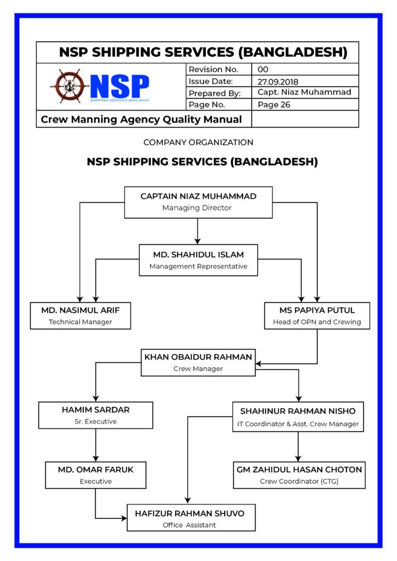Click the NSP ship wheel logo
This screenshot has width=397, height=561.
pyautogui.click(x=70, y=87)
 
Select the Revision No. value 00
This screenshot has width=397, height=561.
pyautogui.click(x=263, y=70)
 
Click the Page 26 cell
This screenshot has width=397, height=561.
pyautogui.click(x=274, y=105)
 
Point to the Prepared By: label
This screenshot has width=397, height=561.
pyautogui.click(x=214, y=93)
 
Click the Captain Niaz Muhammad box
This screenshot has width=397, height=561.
pyautogui.click(x=198, y=202)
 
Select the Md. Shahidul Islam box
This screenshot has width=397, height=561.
pyautogui.click(x=198, y=260)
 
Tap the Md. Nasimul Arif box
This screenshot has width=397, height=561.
pyautogui.click(x=80, y=316)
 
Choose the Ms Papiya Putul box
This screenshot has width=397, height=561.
pyautogui.click(x=317, y=316)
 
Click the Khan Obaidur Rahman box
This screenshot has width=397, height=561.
pyautogui.click(x=198, y=362)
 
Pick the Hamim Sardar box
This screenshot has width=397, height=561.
pyautogui.click(x=95, y=415)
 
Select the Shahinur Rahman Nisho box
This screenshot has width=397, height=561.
pyautogui.click(x=298, y=416)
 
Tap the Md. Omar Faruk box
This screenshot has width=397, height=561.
pyautogui.click(x=95, y=474)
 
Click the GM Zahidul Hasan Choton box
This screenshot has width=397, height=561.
pyautogui.click(x=299, y=475)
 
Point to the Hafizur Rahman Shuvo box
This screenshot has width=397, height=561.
pyautogui.click(x=191, y=518)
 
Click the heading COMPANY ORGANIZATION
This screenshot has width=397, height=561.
pyautogui.click(x=198, y=142)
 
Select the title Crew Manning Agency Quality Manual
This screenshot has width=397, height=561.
pyautogui.click(x=141, y=119)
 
